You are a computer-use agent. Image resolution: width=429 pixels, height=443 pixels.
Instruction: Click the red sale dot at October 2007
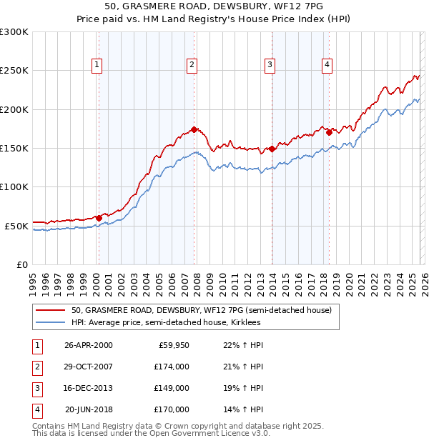pos(194,129)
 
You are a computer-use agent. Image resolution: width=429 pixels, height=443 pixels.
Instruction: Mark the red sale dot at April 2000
pos(99,218)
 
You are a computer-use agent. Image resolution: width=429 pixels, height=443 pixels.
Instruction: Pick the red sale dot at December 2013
pos(272,149)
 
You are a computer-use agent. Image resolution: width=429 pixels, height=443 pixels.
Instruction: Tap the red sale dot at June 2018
pos(329,132)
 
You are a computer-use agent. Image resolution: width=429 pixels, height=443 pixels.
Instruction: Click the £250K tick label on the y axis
pos(14,71)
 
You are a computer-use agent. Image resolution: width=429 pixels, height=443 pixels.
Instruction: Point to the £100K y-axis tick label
pos(14,187)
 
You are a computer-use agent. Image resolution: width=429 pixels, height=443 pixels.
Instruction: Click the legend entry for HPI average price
pos(166,323)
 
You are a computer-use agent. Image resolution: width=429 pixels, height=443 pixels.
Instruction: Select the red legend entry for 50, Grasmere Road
pos(201,311)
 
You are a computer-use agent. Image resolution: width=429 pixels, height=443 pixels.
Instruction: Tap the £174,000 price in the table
pos(172,367)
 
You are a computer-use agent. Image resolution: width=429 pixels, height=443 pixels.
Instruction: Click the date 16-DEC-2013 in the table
pos(88,388)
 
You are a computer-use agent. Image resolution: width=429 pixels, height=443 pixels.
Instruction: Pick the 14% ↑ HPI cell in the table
pos(245,409)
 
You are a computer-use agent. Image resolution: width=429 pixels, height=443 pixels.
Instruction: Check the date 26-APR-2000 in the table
pos(88,345)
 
